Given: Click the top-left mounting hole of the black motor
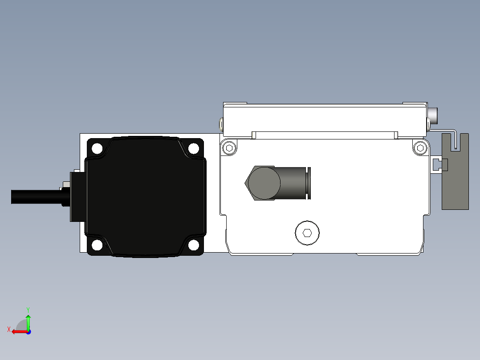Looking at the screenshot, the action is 98,149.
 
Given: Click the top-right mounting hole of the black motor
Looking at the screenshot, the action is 193,149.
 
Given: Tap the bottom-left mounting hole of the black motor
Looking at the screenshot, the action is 98,245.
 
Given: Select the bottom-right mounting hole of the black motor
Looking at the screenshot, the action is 193,245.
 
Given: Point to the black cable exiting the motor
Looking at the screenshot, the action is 37,196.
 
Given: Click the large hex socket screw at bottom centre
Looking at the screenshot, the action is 307,233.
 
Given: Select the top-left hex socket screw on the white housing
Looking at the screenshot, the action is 229,148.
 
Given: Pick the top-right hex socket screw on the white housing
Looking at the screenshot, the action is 420,148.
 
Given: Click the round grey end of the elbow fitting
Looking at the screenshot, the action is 264,183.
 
